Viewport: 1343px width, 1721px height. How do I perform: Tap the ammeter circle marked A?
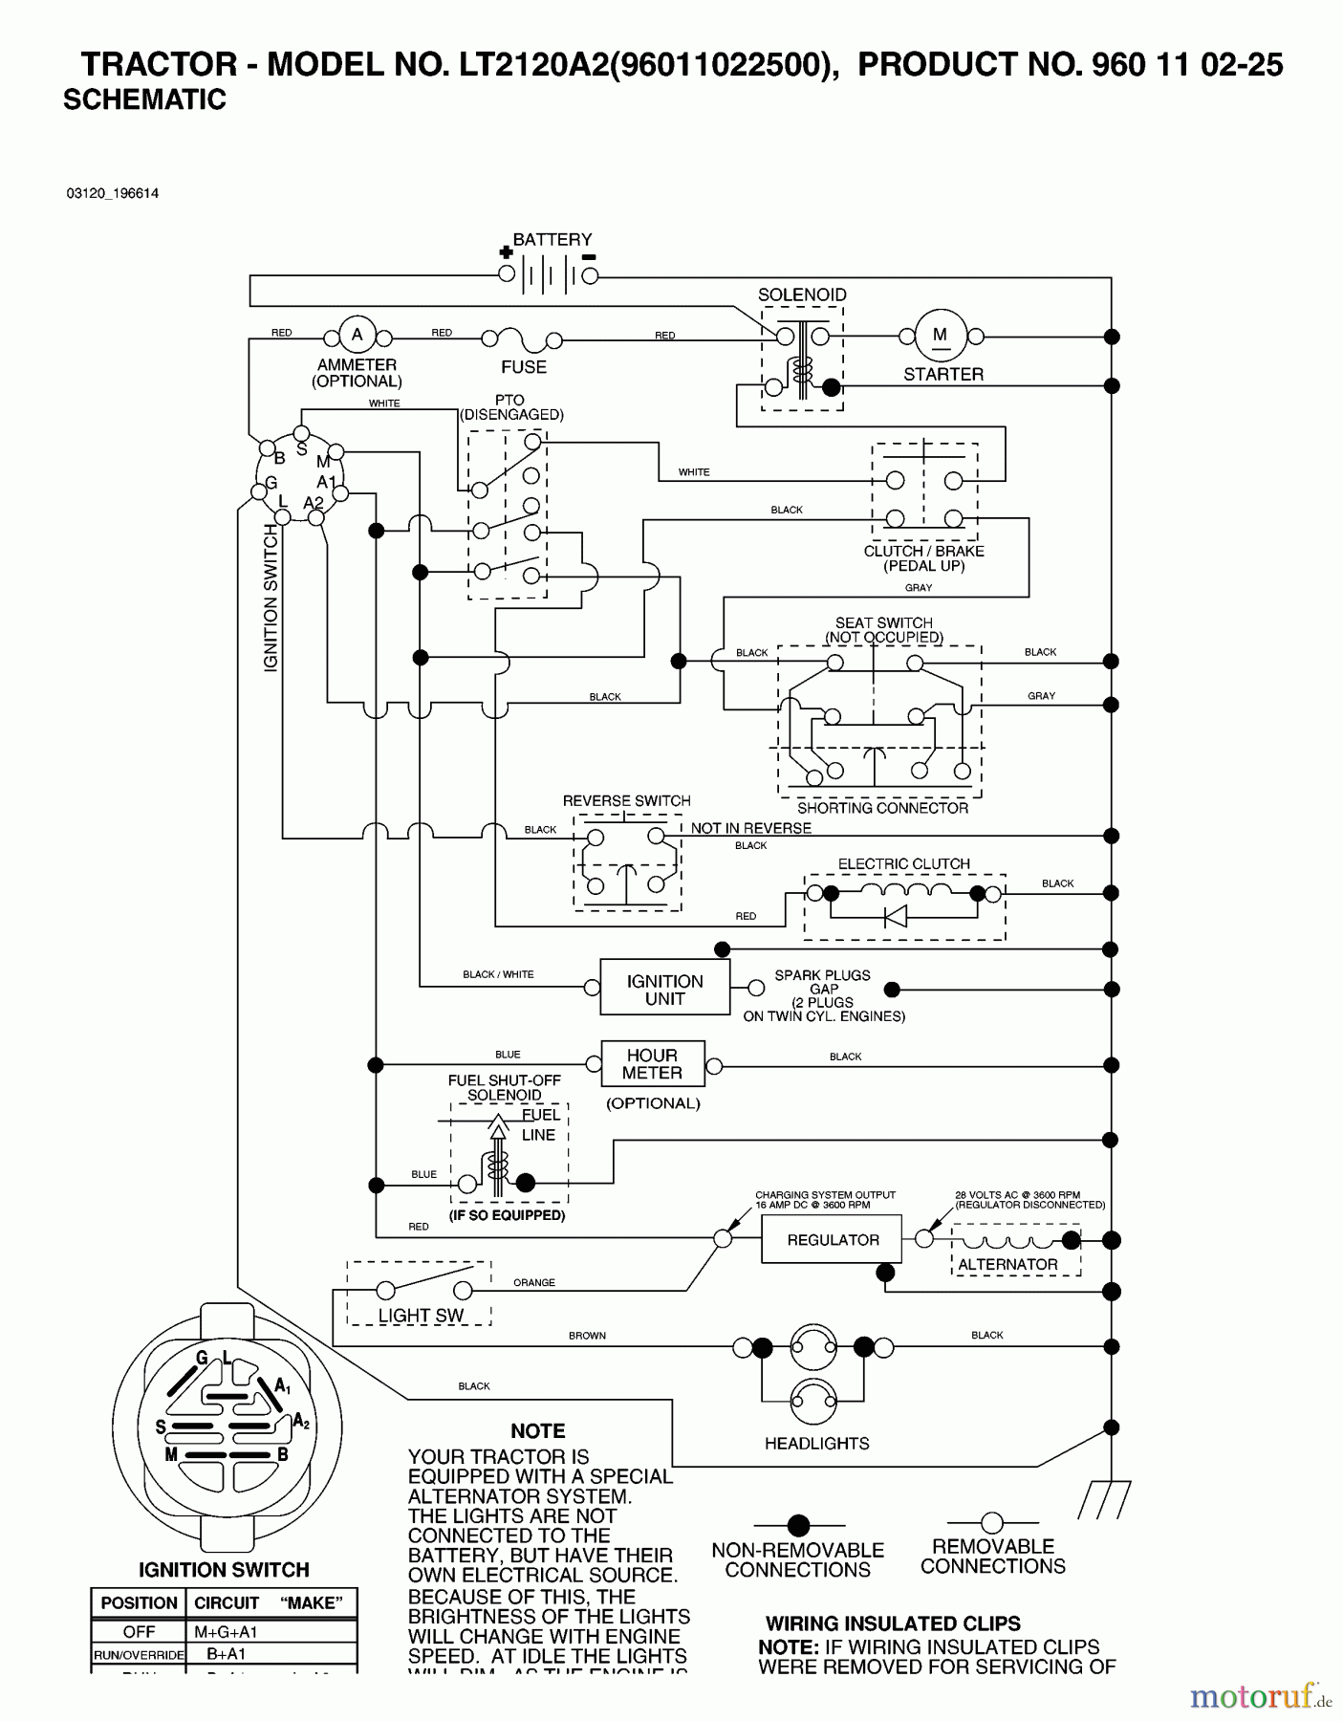(357, 336)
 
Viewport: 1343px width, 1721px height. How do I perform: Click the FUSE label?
(524, 367)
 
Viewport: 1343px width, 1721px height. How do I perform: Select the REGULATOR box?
(832, 1240)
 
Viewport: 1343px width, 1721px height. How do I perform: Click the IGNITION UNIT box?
(664, 990)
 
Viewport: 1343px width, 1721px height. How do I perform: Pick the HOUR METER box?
(652, 1064)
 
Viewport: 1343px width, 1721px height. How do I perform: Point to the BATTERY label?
(552, 239)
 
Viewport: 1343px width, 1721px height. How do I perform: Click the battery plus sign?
(506, 253)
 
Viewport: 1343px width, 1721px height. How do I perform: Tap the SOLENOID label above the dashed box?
(802, 294)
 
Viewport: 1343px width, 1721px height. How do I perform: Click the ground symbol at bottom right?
(1105, 1499)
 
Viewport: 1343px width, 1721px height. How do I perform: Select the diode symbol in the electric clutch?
(896, 917)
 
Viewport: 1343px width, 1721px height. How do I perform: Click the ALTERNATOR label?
(1007, 1264)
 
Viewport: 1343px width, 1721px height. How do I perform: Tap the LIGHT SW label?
(421, 1316)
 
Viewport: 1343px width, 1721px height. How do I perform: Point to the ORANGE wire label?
(533, 1282)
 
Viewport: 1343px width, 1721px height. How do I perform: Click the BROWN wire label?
(587, 1336)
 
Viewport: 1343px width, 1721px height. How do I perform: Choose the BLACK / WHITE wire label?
(498, 974)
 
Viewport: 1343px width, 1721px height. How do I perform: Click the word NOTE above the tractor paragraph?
(537, 1431)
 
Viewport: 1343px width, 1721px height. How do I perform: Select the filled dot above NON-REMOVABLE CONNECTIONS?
(798, 1525)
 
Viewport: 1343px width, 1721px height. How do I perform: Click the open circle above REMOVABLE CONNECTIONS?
(992, 1522)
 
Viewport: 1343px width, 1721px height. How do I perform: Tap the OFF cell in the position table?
(139, 1632)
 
